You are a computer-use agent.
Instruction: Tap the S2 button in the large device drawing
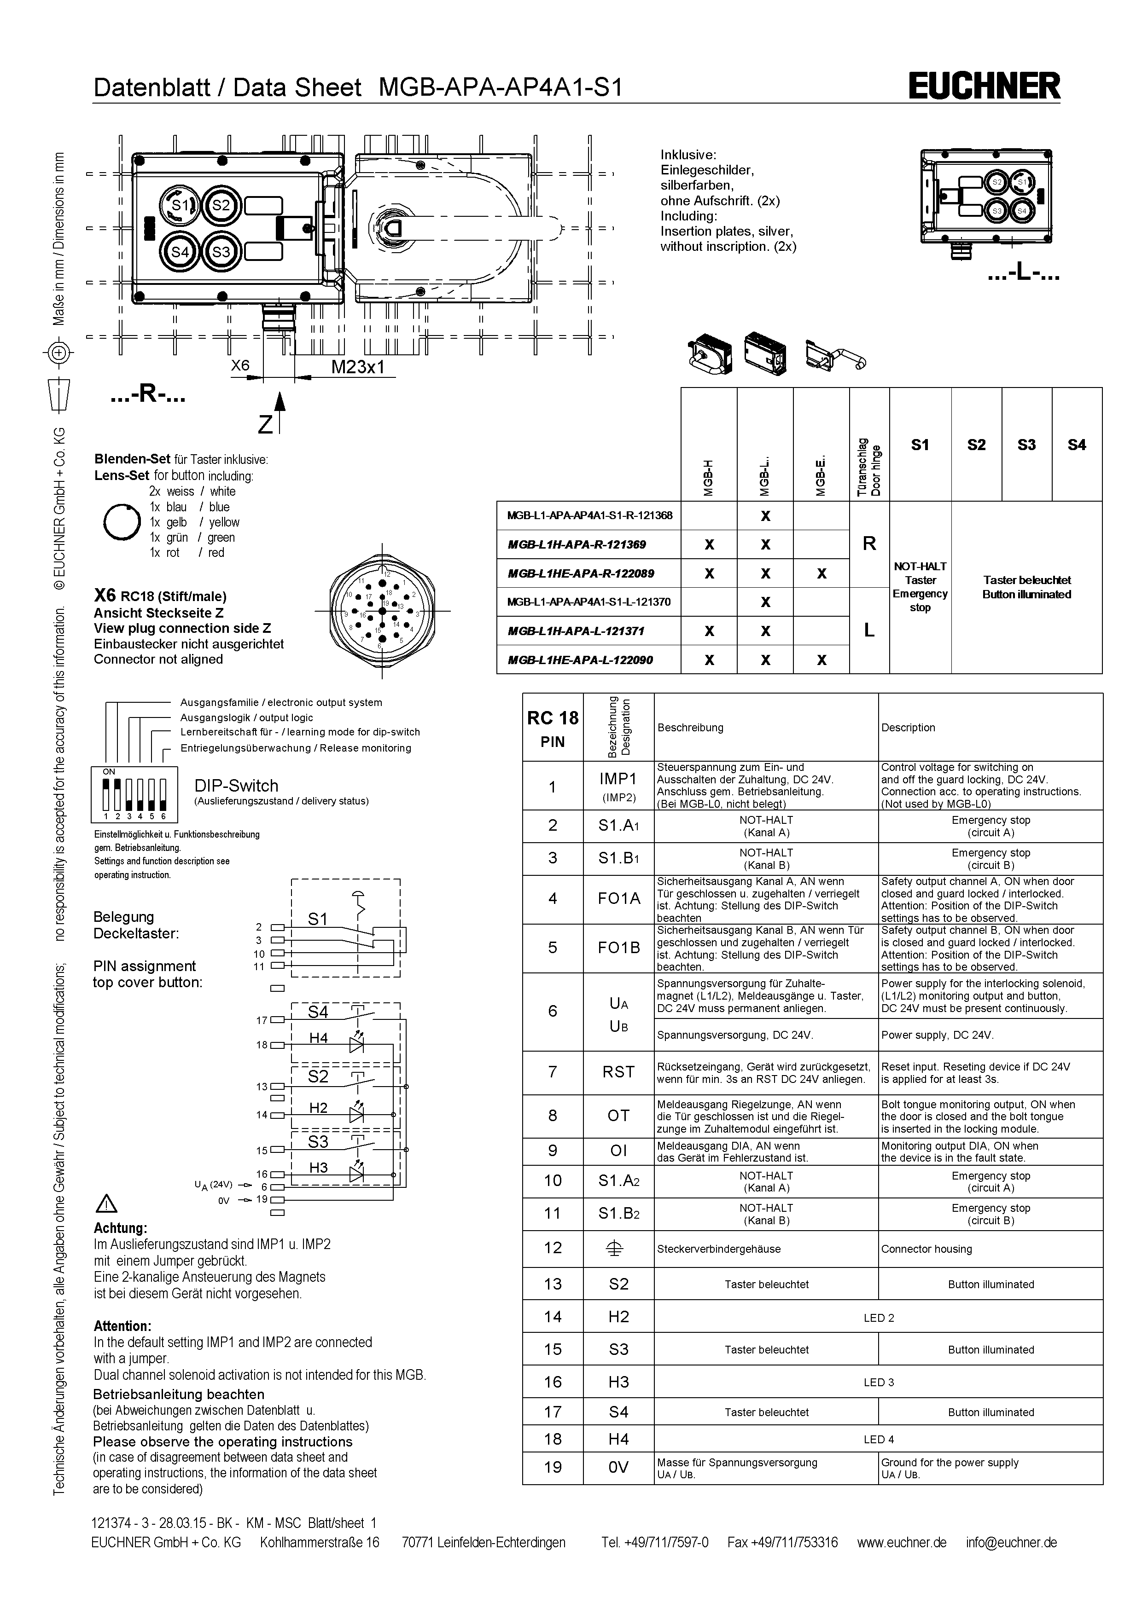click(221, 205)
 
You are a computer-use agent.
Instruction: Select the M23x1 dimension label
click(358, 367)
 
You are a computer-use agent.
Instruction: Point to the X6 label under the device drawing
click(240, 365)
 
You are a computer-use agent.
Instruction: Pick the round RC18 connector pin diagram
click(382, 612)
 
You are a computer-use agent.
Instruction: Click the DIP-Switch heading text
click(236, 785)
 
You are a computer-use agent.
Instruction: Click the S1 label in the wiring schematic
click(318, 919)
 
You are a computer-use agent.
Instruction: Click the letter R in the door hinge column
click(869, 544)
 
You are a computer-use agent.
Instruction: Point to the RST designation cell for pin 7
click(618, 1072)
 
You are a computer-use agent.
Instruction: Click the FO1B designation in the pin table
click(618, 948)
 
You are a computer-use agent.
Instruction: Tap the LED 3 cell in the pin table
click(878, 1382)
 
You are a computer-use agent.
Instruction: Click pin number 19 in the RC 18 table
click(553, 1467)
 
